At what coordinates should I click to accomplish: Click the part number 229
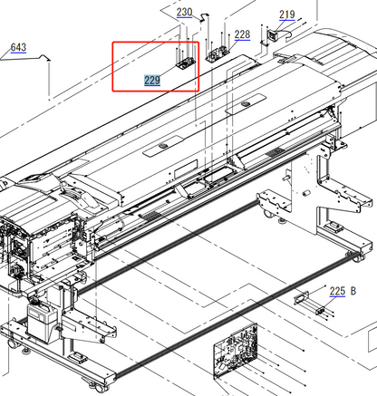click(x=152, y=81)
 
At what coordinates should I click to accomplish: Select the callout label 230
click(x=184, y=13)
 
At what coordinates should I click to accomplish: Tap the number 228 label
click(x=242, y=35)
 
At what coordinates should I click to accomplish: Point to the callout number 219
click(x=286, y=14)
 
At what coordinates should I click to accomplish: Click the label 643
click(x=18, y=47)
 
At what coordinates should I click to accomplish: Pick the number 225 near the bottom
click(x=337, y=291)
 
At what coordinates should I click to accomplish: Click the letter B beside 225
click(x=353, y=291)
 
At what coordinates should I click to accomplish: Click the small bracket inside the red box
click(x=184, y=63)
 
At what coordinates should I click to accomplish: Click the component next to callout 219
click(x=269, y=35)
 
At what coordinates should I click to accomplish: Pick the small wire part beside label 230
click(x=200, y=19)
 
